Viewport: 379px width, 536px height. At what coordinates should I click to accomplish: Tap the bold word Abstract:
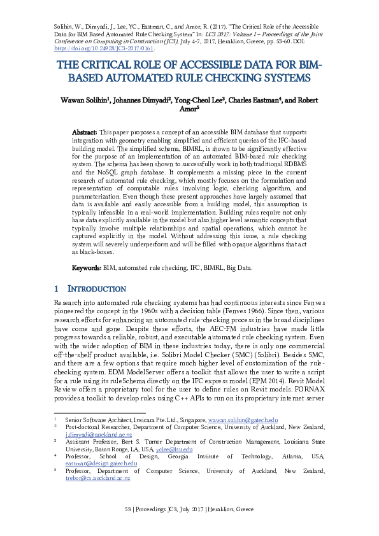[x=84, y=131]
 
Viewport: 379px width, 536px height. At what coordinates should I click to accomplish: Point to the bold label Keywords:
[x=86, y=268]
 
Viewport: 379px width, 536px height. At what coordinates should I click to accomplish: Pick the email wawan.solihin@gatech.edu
[x=245, y=421]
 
